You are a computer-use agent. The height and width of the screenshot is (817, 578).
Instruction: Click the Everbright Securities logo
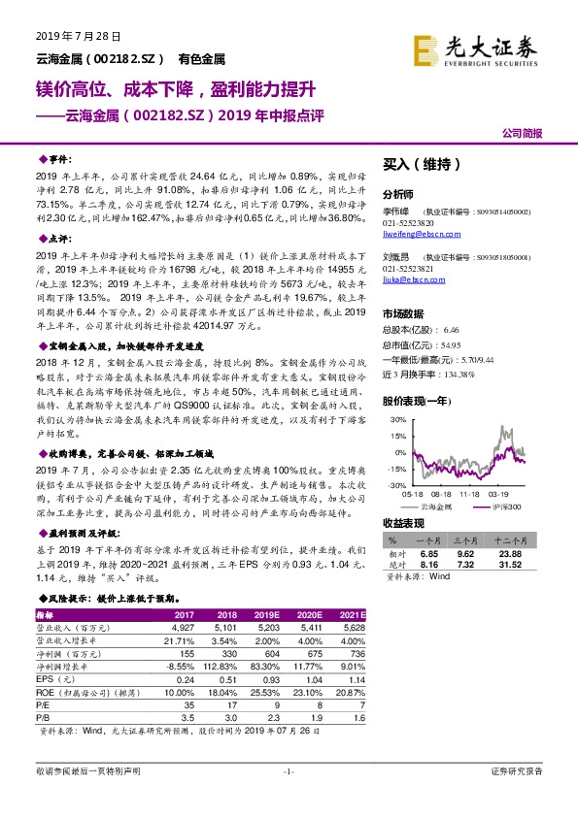pos(475,47)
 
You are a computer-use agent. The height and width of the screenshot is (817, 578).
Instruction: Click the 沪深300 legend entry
pos(503,507)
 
